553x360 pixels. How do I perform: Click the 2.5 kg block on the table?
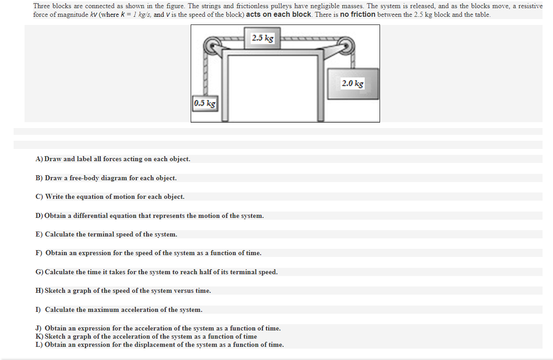tap(262, 38)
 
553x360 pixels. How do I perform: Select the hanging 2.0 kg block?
tap(353, 84)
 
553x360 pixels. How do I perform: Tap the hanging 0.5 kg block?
tap(205, 104)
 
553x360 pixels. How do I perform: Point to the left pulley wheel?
tap(212, 46)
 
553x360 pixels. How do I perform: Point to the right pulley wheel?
tap(346, 46)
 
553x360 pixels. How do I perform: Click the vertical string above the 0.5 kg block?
tap(205, 75)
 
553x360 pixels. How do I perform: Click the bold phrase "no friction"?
tap(357, 15)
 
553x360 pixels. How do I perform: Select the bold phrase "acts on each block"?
tap(278, 15)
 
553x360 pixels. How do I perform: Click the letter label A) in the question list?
tap(39, 159)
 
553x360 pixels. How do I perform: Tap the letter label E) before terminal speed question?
tap(39, 234)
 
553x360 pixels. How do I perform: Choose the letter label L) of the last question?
tap(39, 345)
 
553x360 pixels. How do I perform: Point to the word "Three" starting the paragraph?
tap(42, 6)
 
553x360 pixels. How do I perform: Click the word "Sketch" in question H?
tap(55, 291)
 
